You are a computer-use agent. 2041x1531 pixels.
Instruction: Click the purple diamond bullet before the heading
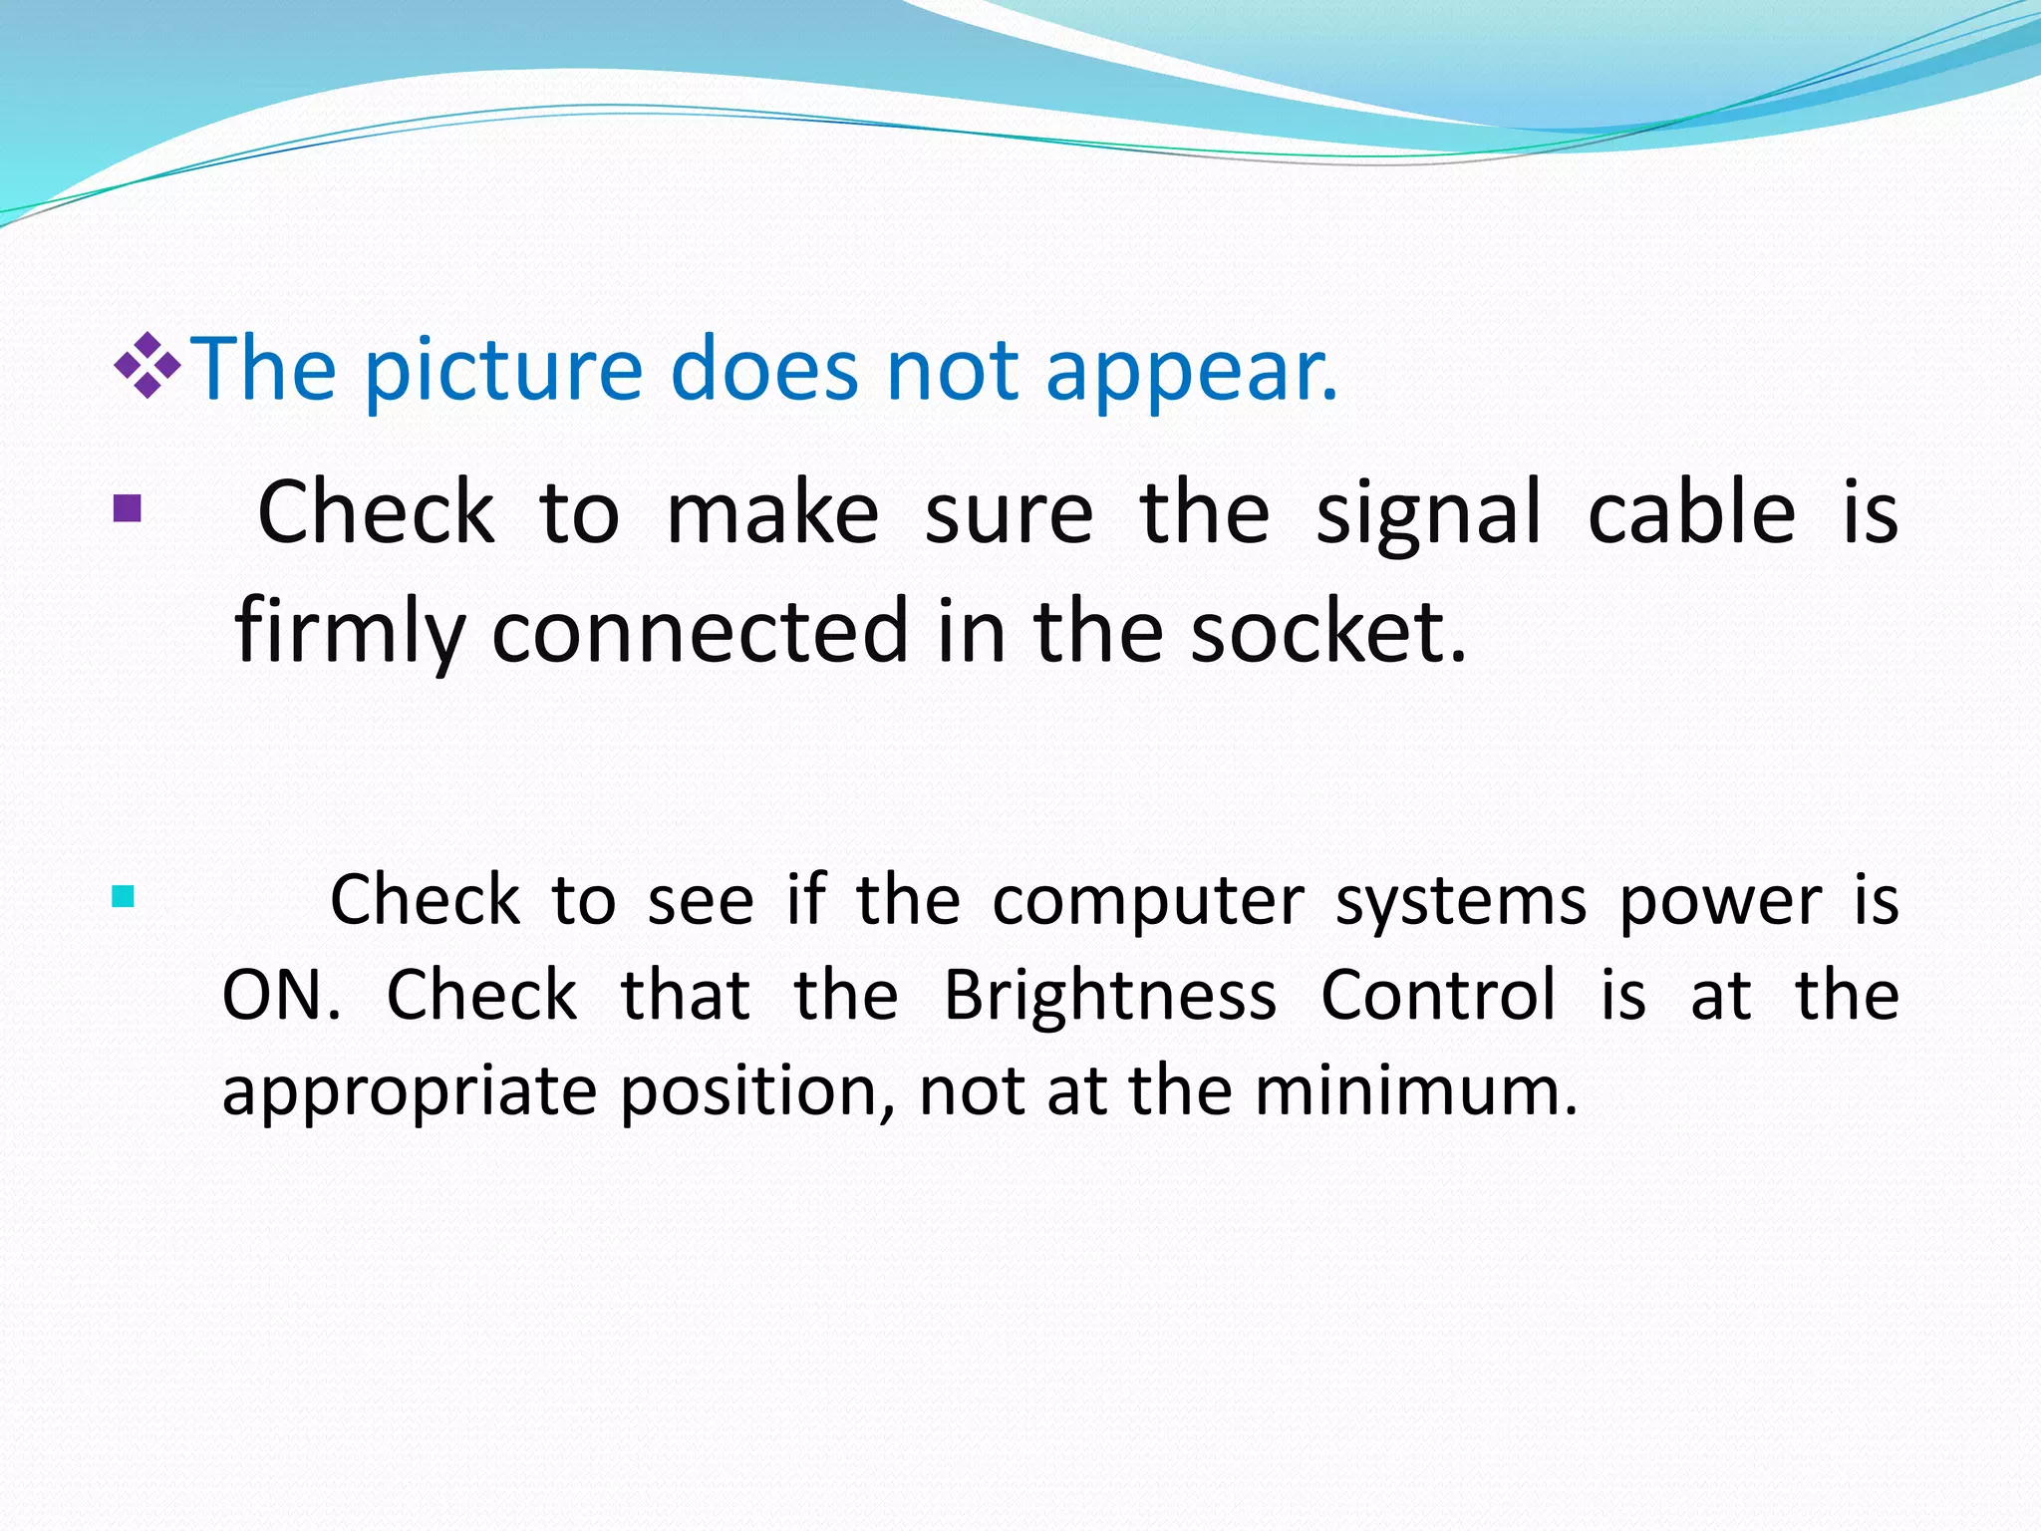coord(147,366)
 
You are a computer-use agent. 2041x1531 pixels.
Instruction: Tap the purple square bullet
coord(128,509)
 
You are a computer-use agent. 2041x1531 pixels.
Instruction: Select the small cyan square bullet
coord(124,897)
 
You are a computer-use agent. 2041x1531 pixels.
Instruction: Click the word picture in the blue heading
coord(503,371)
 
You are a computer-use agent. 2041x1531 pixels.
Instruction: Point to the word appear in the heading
coord(1190,371)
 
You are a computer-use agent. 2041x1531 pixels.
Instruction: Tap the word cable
coord(1690,512)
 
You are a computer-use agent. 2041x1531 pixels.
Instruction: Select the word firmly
coord(350,632)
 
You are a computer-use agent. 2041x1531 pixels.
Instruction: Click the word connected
coord(700,632)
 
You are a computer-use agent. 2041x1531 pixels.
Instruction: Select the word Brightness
coord(1109,995)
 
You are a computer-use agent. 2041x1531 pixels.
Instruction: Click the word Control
coord(1438,995)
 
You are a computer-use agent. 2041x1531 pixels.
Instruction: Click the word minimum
coord(1415,1090)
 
